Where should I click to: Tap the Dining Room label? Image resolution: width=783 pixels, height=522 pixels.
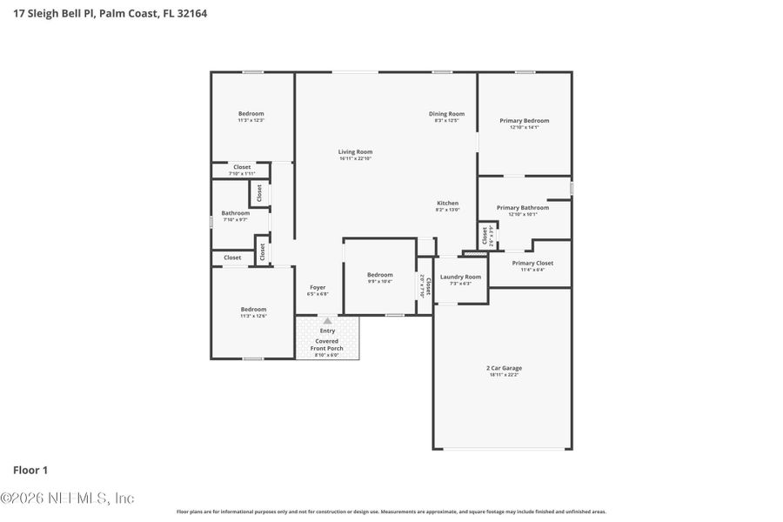click(446, 113)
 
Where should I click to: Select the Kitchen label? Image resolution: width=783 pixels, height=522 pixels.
click(447, 203)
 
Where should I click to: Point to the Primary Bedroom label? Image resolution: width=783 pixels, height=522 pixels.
click(524, 120)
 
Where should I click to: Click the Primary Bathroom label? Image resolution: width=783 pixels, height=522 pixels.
click(522, 207)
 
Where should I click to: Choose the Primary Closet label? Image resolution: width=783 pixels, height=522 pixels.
click(532, 263)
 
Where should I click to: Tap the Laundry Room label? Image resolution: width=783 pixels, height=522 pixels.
click(460, 277)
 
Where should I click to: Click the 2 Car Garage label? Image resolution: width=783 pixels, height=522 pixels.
click(504, 368)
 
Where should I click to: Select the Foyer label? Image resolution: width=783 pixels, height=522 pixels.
click(318, 287)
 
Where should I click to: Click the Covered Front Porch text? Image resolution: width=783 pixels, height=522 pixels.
click(327, 345)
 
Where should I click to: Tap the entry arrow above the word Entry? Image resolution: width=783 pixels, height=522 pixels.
click(327, 320)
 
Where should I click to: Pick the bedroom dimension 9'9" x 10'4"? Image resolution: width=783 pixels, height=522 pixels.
click(379, 281)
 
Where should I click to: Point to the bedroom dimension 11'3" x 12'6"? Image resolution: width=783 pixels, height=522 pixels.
click(253, 316)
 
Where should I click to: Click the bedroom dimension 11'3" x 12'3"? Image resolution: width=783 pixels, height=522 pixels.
click(251, 120)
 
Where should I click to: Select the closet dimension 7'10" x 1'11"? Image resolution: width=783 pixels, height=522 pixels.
click(242, 173)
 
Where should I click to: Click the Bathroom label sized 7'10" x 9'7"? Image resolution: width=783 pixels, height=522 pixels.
click(235, 213)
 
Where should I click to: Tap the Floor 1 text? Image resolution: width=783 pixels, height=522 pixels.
click(30, 470)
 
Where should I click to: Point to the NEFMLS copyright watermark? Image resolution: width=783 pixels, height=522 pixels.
click(67, 499)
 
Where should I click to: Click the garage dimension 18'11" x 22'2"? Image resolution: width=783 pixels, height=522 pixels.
click(504, 374)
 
